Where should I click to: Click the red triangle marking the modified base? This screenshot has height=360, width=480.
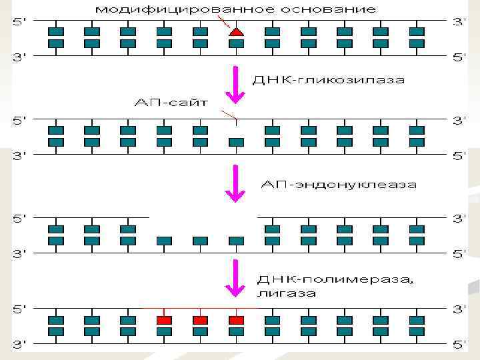[x=235, y=31]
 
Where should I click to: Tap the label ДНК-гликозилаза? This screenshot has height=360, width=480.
[x=329, y=80]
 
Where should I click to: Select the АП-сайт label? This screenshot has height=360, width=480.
[x=171, y=103]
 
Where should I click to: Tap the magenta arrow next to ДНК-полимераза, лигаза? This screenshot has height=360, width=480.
[x=235, y=279]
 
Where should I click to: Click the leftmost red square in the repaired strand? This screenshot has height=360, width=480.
[x=164, y=320]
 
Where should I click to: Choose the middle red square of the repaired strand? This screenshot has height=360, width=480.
[x=200, y=320]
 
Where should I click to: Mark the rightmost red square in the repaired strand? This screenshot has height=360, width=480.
[x=236, y=320]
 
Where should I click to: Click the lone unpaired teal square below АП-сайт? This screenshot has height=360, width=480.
[x=236, y=142]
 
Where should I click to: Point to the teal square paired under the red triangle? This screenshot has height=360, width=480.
[x=236, y=43]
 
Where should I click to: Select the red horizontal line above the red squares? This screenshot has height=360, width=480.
[x=200, y=309]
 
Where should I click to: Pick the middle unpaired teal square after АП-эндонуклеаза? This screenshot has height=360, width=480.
[x=200, y=241]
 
